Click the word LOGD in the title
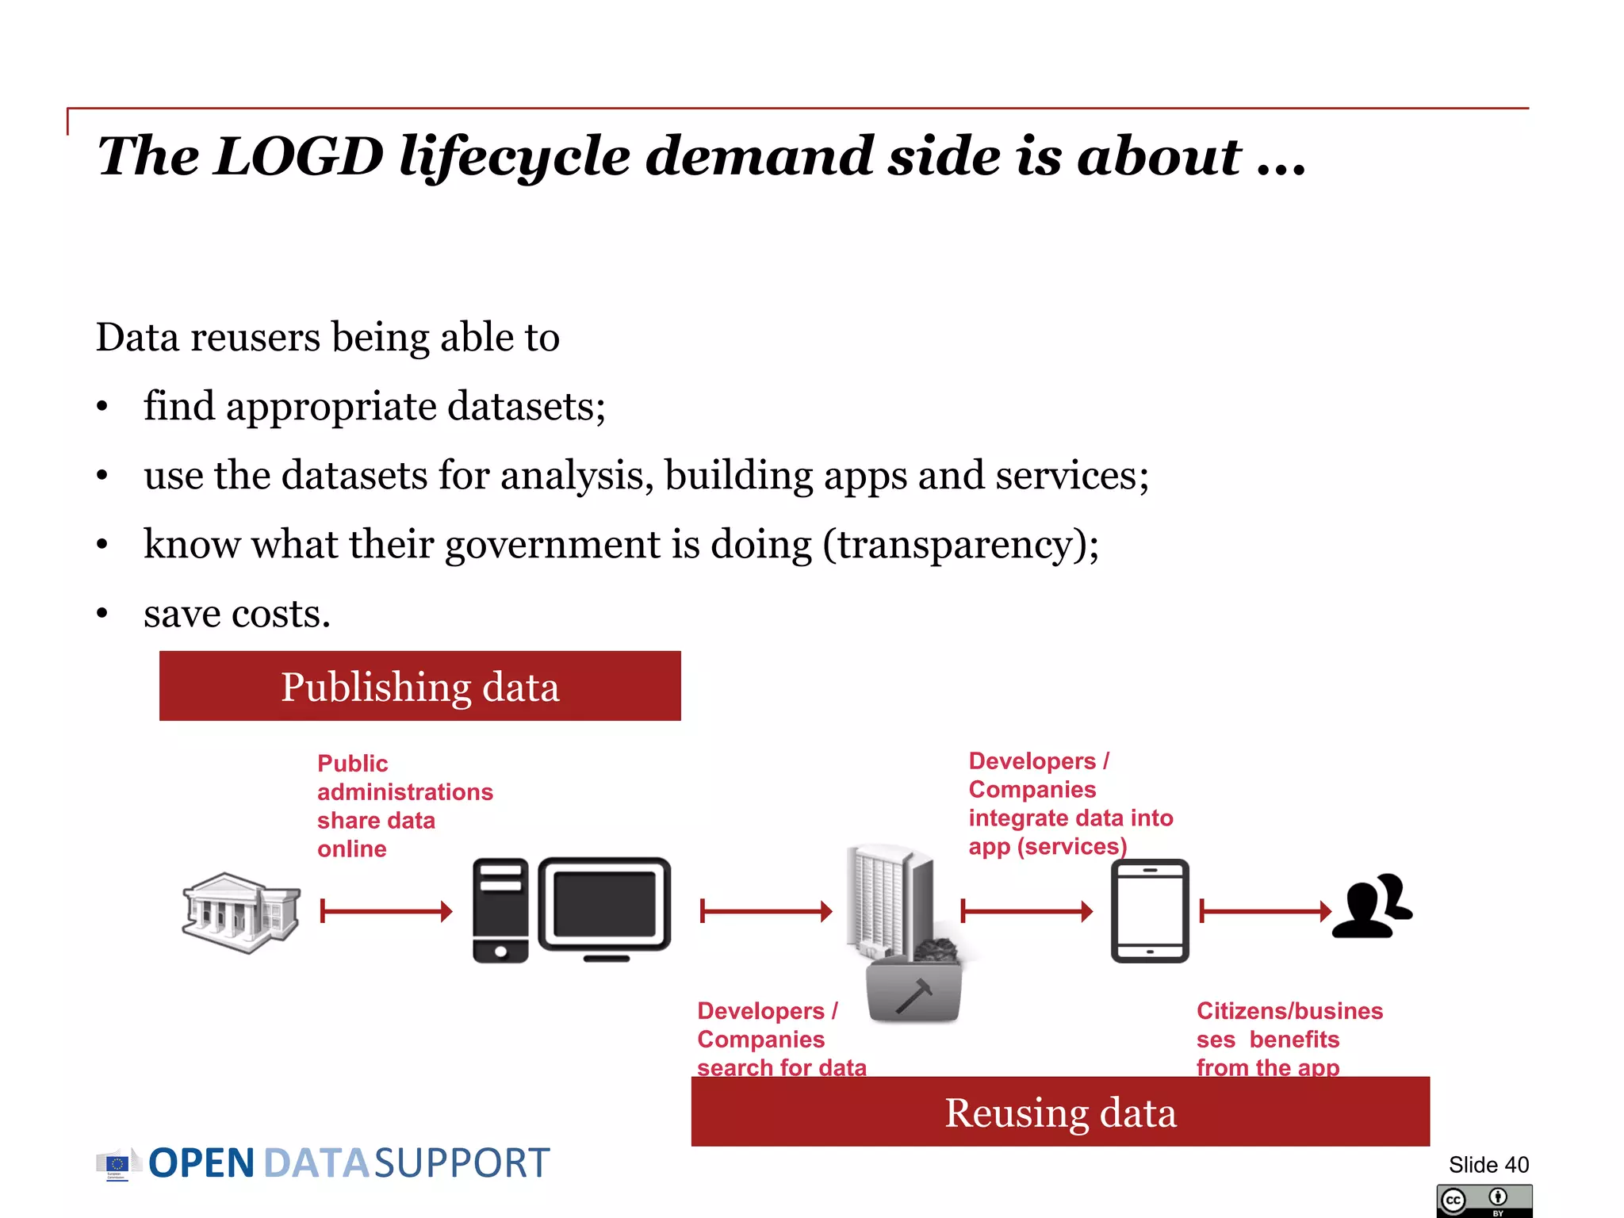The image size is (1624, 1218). [x=299, y=156]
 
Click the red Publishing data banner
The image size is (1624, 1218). [x=419, y=686]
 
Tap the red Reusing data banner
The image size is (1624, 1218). [x=1059, y=1112]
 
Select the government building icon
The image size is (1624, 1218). [x=241, y=912]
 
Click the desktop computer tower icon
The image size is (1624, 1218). [x=500, y=910]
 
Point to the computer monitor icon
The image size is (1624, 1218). [x=604, y=906]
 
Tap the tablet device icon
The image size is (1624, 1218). [x=1150, y=910]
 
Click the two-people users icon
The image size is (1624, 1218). [x=1372, y=906]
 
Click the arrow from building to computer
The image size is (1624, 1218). [x=386, y=911]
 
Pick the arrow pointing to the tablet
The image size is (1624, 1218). [x=1026, y=911]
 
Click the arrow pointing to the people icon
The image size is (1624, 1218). [x=1266, y=911]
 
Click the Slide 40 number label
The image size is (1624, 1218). [x=1488, y=1164]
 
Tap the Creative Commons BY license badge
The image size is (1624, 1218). [x=1484, y=1201]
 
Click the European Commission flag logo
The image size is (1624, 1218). [x=117, y=1164]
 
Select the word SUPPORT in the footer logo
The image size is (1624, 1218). [x=462, y=1163]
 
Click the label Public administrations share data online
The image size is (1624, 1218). [x=404, y=806]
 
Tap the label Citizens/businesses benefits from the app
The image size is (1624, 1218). [x=1289, y=1039]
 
